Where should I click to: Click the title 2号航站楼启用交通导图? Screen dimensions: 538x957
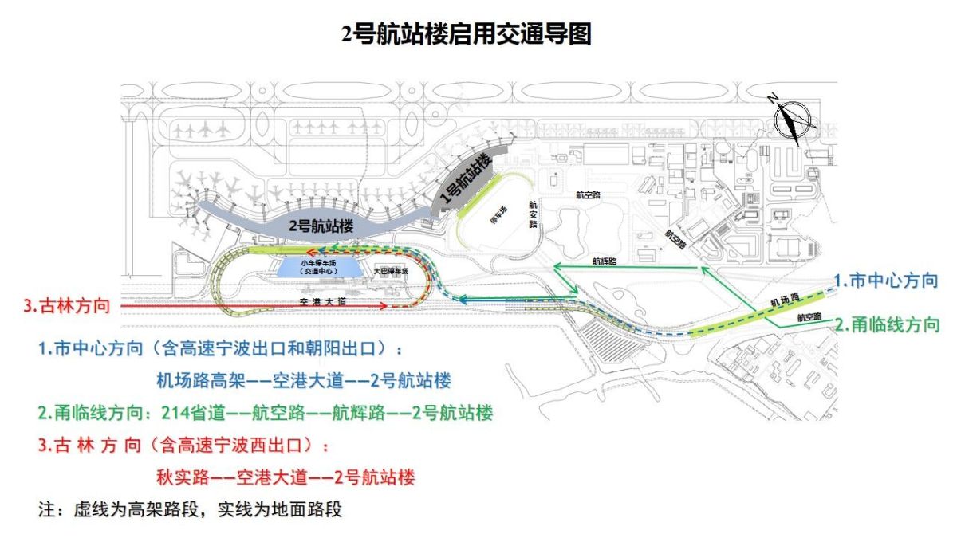[x=466, y=34]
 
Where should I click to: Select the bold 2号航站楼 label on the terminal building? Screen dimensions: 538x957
[x=318, y=226]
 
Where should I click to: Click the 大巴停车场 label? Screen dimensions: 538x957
[x=391, y=272]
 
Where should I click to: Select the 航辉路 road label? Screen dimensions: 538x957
[x=605, y=260]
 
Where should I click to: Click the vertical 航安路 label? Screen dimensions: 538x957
[x=533, y=214]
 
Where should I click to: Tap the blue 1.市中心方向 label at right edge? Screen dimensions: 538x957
[x=885, y=280]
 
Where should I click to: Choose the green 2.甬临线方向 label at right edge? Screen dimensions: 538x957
[x=887, y=324]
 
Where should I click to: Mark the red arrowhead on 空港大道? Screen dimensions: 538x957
[x=384, y=306]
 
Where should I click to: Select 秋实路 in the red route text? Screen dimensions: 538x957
[x=183, y=477]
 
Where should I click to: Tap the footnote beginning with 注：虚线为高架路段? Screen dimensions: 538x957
[x=190, y=509]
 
